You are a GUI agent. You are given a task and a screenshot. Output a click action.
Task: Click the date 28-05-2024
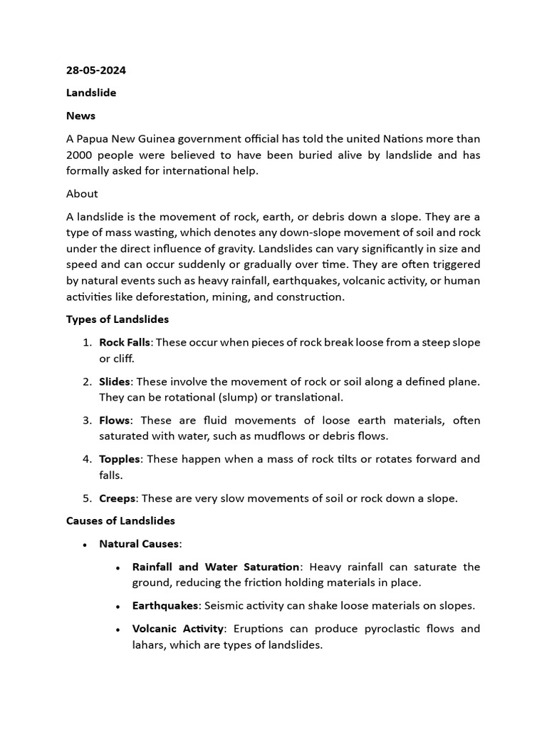[x=96, y=71]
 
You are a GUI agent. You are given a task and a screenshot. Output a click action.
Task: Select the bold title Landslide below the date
[x=91, y=93]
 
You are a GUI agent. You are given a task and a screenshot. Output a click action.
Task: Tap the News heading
[x=80, y=115]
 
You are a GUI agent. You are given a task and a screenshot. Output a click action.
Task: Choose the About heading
[x=82, y=194]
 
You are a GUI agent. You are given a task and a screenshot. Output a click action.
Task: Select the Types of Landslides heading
[x=118, y=319]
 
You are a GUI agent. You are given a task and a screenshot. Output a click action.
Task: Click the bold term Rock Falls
[x=125, y=342]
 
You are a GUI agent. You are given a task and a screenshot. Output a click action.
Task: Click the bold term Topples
[x=119, y=459]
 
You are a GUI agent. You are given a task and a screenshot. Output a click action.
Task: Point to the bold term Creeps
[x=118, y=498]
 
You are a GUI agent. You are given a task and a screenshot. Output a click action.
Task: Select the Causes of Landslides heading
[x=120, y=521]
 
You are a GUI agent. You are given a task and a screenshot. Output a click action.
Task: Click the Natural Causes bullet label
[x=139, y=544]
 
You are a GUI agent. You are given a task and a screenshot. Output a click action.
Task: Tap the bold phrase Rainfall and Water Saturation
[x=216, y=567]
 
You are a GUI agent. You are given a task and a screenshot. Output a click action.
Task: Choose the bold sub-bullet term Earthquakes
[x=166, y=606]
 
